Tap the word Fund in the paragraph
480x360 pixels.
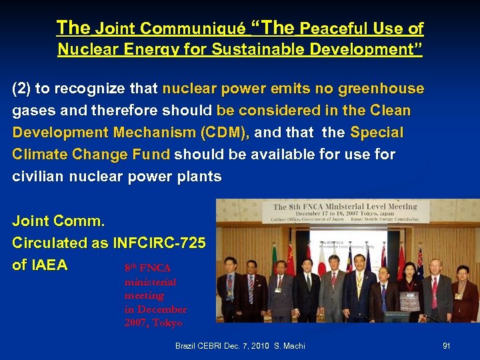151,155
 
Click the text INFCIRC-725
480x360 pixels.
160,243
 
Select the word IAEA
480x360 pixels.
40,265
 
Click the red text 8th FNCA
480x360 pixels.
147,268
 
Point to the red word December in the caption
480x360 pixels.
162,309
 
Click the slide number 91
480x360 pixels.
446,346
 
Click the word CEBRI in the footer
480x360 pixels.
211,346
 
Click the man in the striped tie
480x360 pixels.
250,287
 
